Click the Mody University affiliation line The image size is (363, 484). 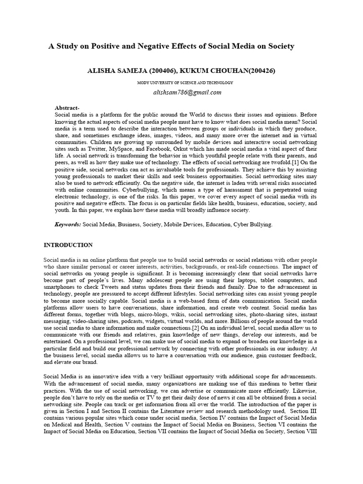(x=185, y=83)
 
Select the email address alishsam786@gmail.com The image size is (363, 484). (x=187, y=92)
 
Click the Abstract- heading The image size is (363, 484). (x=68, y=108)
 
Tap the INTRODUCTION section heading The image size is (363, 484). (x=68, y=245)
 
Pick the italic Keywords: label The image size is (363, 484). (x=68, y=225)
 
